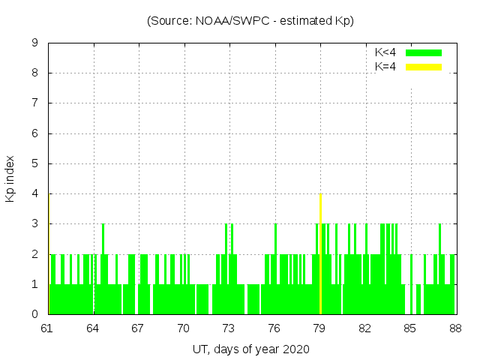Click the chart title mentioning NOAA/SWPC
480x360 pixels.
click(250, 20)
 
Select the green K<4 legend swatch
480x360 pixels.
click(424, 52)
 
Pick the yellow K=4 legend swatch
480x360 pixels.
click(424, 67)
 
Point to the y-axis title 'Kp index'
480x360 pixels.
click(10, 178)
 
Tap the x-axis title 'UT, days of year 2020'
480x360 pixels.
click(250, 349)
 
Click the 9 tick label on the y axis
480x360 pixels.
click(34, 43)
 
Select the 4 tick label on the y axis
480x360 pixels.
click(34, 193)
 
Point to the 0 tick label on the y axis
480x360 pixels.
click(34, 314)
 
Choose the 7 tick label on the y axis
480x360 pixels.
click(34, 103)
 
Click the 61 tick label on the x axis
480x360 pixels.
click(47, 328)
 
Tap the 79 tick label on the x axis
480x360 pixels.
click(319, 328)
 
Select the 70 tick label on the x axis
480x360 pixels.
click(183, 328)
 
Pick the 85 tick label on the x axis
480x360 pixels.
click(409, 328)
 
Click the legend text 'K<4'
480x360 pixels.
click(385, 52)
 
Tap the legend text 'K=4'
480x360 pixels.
click(385, 67)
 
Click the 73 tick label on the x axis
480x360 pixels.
click(229, 328)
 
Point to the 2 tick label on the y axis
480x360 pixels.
click(34, 254)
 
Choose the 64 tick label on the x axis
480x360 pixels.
click(93, 328)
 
